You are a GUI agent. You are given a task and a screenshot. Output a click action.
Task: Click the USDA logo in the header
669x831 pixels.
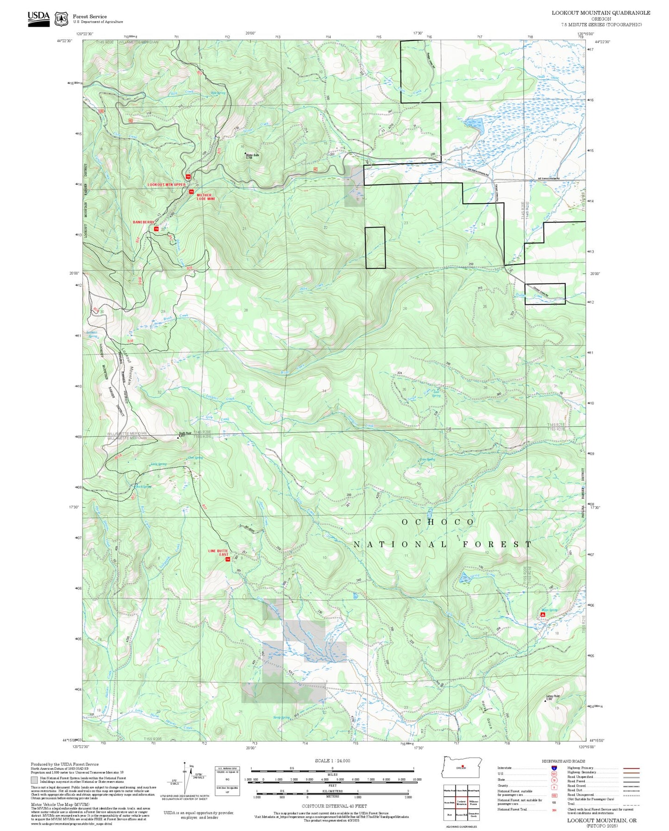(38, 18)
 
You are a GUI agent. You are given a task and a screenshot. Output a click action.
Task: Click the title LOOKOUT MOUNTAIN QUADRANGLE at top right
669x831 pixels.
(600, 13)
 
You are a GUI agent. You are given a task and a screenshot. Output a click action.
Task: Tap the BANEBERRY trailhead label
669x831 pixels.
(143, 222)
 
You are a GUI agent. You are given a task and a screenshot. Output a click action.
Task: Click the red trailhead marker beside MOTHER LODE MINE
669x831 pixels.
(191, 192)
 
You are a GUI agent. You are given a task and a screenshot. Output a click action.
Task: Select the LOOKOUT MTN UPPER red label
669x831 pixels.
(166, 185)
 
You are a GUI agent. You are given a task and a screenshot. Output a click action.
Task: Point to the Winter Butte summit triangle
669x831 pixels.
(245, 153)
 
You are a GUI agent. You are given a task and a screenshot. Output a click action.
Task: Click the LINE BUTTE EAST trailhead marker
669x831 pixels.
(227, 560)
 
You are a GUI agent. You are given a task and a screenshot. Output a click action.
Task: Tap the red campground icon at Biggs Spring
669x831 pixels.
(543, 615)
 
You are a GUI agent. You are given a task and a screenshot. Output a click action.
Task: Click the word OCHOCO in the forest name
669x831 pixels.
(438, 522)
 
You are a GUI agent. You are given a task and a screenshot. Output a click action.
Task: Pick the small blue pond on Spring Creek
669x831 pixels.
(464, 578)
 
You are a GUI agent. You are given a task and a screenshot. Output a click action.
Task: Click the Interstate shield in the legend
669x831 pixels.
(554, 768)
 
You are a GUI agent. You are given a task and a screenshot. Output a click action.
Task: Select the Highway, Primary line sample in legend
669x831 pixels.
(631, 768)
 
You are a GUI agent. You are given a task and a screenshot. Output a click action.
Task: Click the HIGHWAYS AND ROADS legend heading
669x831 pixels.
(563, 761)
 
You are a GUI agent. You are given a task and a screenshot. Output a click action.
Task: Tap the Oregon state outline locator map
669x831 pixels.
(462, 768)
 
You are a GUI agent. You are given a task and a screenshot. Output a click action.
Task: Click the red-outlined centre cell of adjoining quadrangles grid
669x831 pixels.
(461, 803)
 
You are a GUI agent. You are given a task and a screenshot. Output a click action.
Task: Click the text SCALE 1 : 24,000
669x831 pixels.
(332, 761)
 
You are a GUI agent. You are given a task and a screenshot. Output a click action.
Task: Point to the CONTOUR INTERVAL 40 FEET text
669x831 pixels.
(334, 806)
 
